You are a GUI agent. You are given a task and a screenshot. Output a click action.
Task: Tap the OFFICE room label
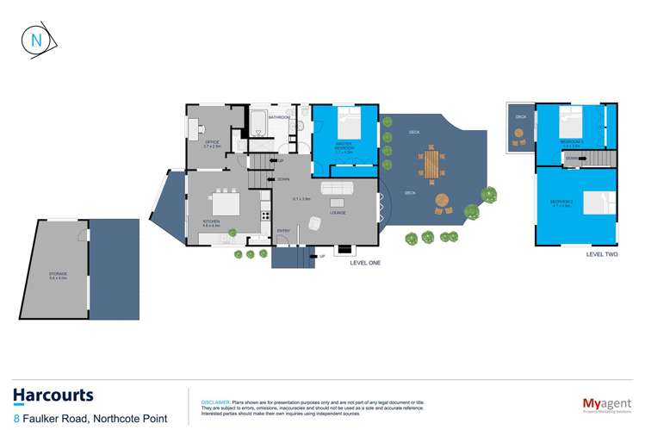point(212,144)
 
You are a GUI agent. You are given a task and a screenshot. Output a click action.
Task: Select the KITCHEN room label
point(212,221)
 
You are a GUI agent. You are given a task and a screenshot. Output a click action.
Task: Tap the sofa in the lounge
point(337,189)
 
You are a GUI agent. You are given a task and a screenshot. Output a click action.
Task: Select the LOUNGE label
point(338,211)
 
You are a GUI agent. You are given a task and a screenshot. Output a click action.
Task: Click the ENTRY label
point(283,230)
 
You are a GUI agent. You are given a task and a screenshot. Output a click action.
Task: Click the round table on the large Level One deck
point(442,201)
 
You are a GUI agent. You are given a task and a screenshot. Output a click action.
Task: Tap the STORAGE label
point(58,274)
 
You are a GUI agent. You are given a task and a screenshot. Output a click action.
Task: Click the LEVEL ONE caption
point(365,263)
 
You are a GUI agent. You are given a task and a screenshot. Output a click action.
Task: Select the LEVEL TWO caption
point(601,255)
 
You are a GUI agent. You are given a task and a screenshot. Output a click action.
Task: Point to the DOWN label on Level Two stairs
point(572,159)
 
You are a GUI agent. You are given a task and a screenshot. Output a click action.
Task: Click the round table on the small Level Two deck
point(519,134)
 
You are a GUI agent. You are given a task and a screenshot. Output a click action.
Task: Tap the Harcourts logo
point(53,396)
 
